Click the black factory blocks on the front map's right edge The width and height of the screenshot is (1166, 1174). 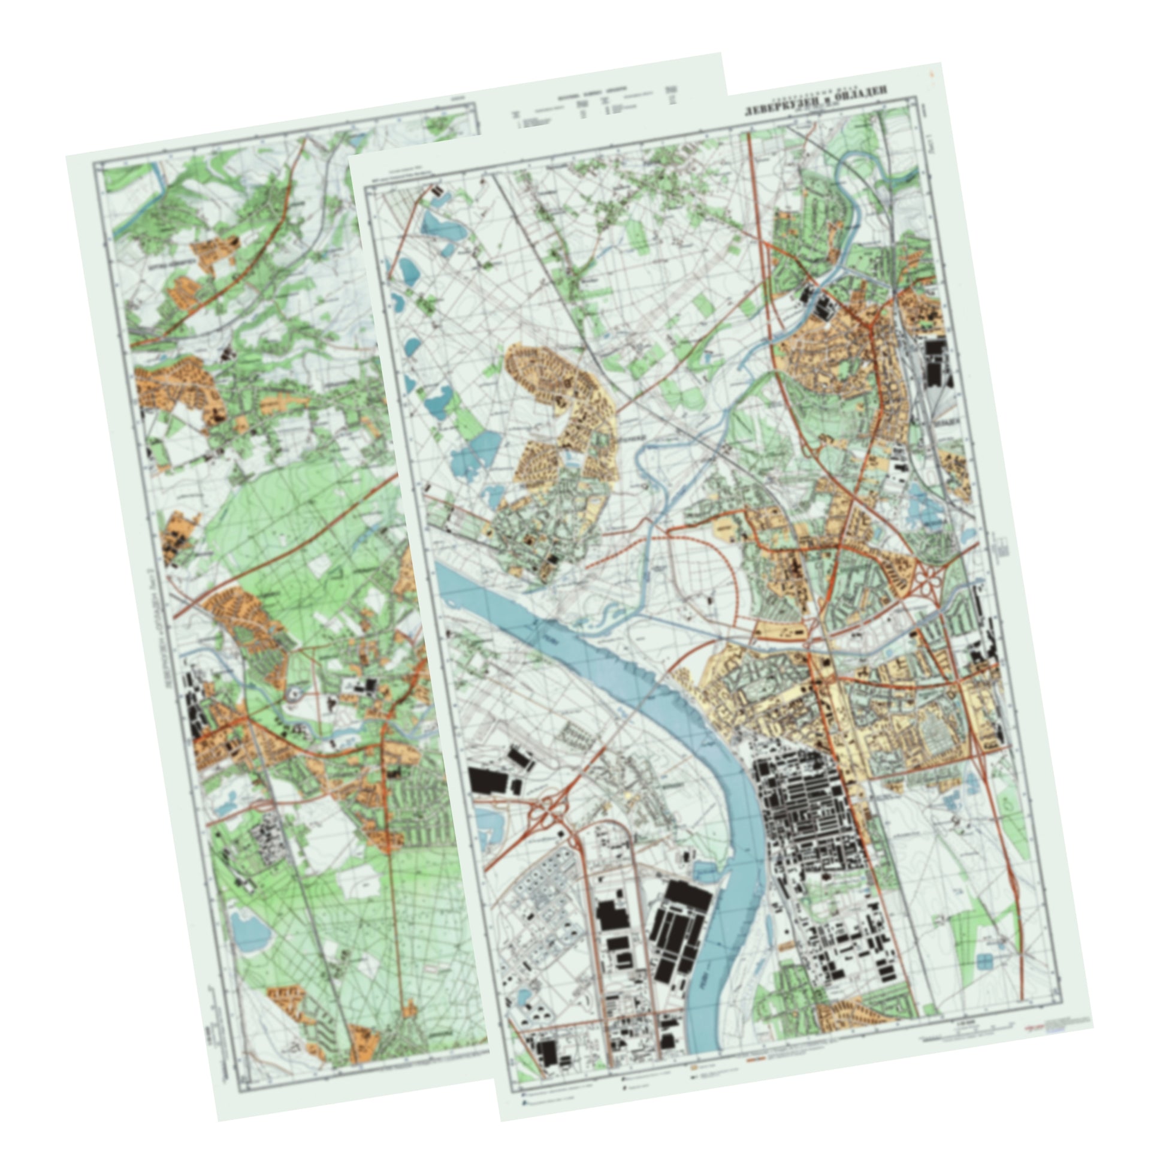pos(935,361)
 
